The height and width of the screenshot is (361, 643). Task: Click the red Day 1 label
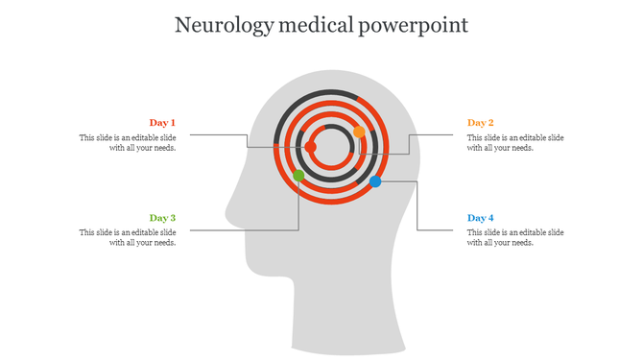pyautogui.click(x=162, y=123)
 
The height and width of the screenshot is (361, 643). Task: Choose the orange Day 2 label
pyautogui.click(x=481, y=123)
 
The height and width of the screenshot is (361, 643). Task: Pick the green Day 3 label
pyautogui.click(x=162, y=218)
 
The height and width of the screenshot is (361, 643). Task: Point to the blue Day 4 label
pyautogui.click(x=481, y=218)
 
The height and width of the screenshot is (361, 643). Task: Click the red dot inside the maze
pyautogui.click(x=310, y=147)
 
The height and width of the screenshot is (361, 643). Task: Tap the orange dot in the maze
pyautogui.click(x=359, y=132)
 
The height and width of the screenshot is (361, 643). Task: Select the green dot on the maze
pyautogui.click(x=299, y=176)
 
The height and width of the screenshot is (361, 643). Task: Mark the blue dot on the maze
pyautogui.click(x=375, y=181)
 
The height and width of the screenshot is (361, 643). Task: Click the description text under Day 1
pyautogui.click(x=128, y=143)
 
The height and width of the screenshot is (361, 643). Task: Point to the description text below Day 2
pyautogui.click(x=515, y=143)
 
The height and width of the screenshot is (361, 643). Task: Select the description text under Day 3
pyautogui.click(x=128, y=237)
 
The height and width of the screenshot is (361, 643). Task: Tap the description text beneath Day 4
pyautogui.click(x=515, y=237)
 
